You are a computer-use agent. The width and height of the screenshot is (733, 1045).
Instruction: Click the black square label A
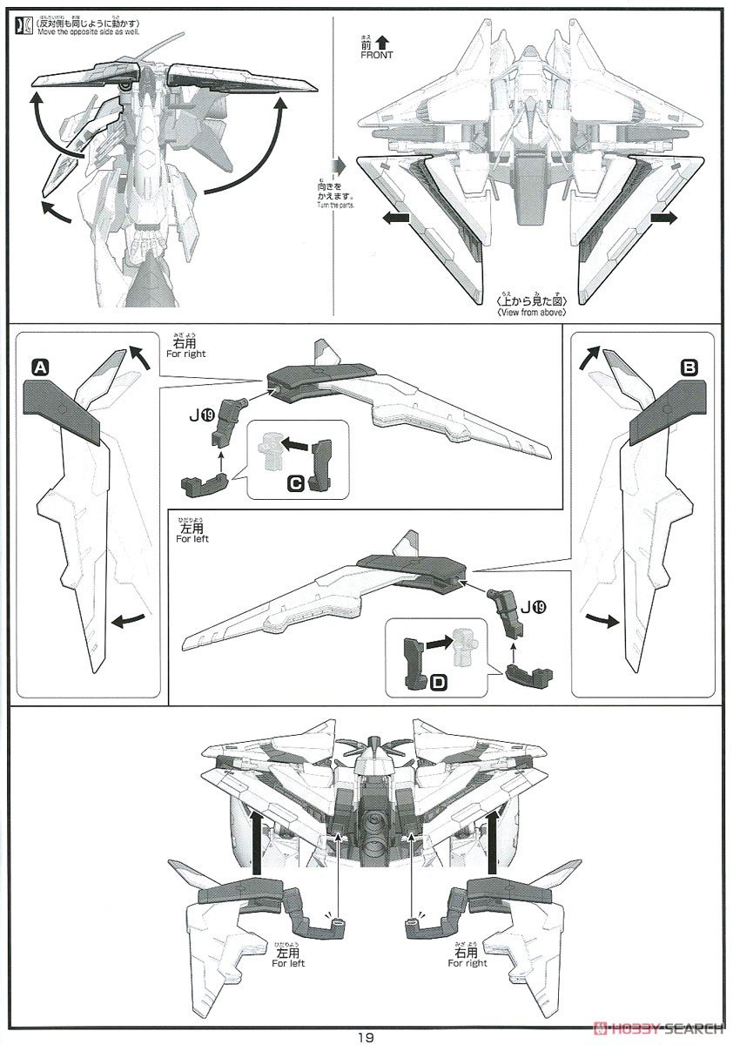click(x=38, y=369)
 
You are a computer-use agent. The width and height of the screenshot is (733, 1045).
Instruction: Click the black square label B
click(x=689, y=369)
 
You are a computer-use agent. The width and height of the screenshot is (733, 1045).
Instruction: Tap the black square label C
click(x=295, y=480)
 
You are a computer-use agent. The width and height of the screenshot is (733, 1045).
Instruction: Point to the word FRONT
click(x=375, y=55)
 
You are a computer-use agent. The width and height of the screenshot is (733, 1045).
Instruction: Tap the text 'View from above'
click(x=531, y=312)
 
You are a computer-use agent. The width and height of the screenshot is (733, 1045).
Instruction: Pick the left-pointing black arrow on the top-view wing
click(x=394, y=220)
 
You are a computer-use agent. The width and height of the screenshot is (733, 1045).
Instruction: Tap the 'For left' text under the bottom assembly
click(x=288, y=963)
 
